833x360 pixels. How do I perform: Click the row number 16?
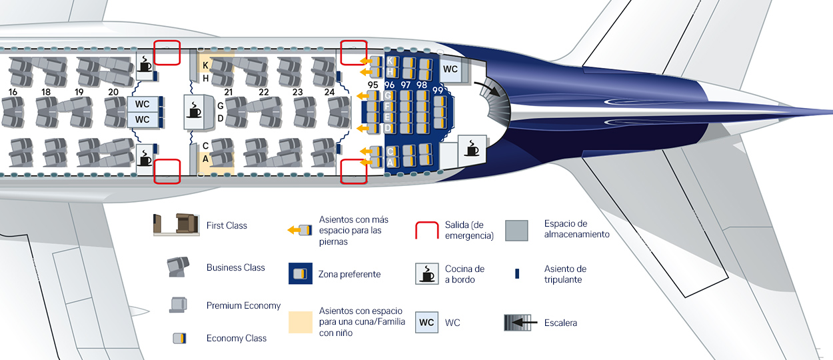13,92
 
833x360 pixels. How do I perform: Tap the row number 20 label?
113,92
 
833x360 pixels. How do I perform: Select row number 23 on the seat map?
297,92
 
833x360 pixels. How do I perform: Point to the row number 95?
373,85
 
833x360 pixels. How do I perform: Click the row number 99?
438,91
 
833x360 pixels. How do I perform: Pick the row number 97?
406,85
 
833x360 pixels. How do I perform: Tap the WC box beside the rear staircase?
450,69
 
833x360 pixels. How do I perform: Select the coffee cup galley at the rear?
472,150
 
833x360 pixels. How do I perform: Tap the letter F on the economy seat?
388,106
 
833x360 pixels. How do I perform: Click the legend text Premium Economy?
243,305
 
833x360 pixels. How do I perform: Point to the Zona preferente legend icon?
301,273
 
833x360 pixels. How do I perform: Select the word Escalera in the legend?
560,323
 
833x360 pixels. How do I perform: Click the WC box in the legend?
426,323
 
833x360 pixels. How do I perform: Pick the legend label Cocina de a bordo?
464,274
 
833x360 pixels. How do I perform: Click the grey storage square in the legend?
516,230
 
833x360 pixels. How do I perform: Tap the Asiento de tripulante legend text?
565,274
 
